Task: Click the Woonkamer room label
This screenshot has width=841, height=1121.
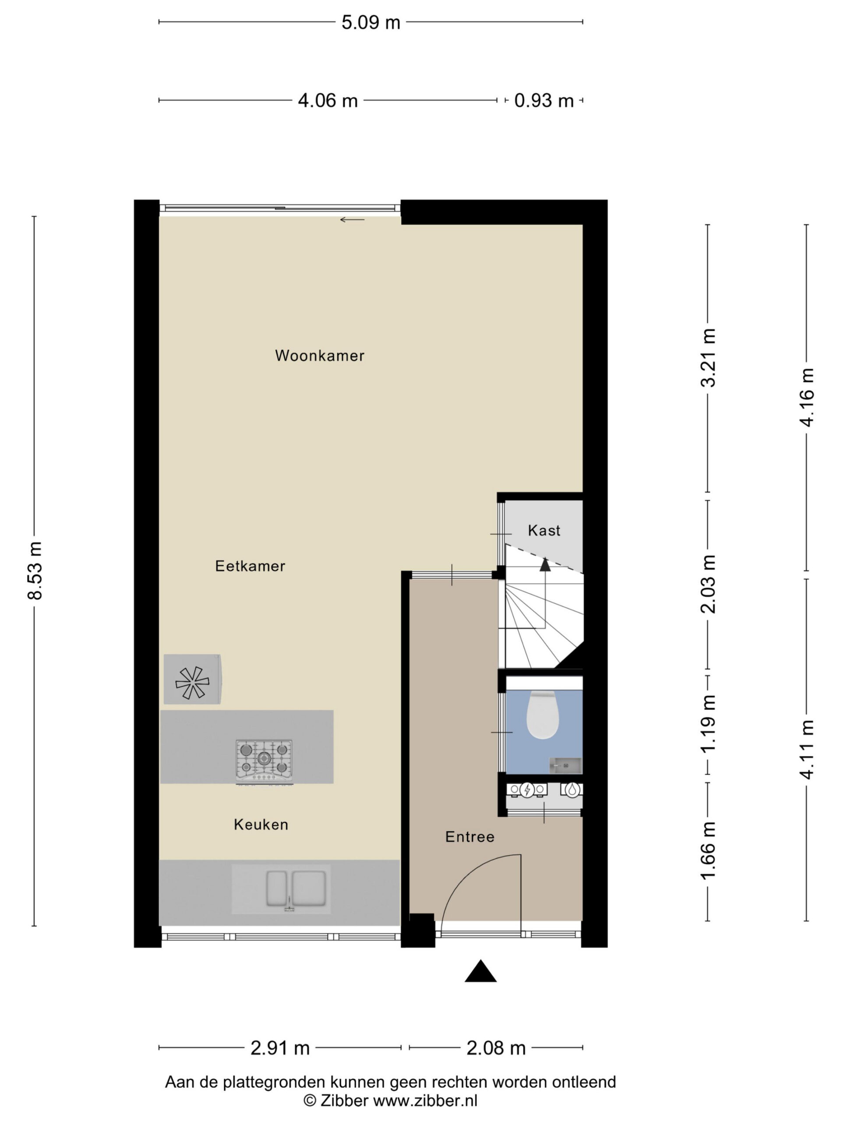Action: pos(319,355)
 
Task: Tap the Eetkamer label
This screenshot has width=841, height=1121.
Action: pos(250,566)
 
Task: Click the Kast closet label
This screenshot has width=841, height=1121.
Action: pos(544,530)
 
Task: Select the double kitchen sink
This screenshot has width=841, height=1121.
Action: pos(296,889)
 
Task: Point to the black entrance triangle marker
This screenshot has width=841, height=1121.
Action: pos(480,972)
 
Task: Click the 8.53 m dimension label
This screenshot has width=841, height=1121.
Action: pos(35,571)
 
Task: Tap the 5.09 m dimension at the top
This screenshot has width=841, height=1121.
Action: pos(371,23)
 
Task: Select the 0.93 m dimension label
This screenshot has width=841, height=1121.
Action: pos(544,101)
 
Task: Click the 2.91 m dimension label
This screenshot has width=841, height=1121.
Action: pos(280,1048)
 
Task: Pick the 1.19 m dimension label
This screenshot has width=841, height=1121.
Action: pos(708,723)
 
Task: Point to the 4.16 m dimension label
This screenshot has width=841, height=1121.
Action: pos(806,397)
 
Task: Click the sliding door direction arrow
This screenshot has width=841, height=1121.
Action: pos(352,219)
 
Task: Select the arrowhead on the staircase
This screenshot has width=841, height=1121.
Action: pos(545,564)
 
